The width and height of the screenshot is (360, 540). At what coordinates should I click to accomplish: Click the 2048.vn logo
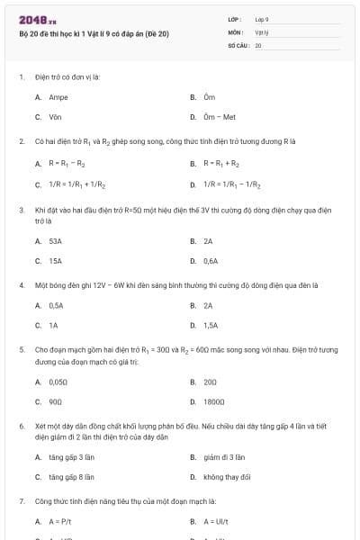tap(37, 20)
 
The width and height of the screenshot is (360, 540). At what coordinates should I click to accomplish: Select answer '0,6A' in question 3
tap(210, 261)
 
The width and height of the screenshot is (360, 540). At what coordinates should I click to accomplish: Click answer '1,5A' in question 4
tap(210, 325)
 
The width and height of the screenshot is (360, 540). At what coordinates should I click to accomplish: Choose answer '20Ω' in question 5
tap(210, 382)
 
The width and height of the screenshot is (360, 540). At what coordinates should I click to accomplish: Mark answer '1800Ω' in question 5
tap(213, 401)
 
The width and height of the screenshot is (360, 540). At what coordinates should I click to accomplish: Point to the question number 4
tap(21, 285)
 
